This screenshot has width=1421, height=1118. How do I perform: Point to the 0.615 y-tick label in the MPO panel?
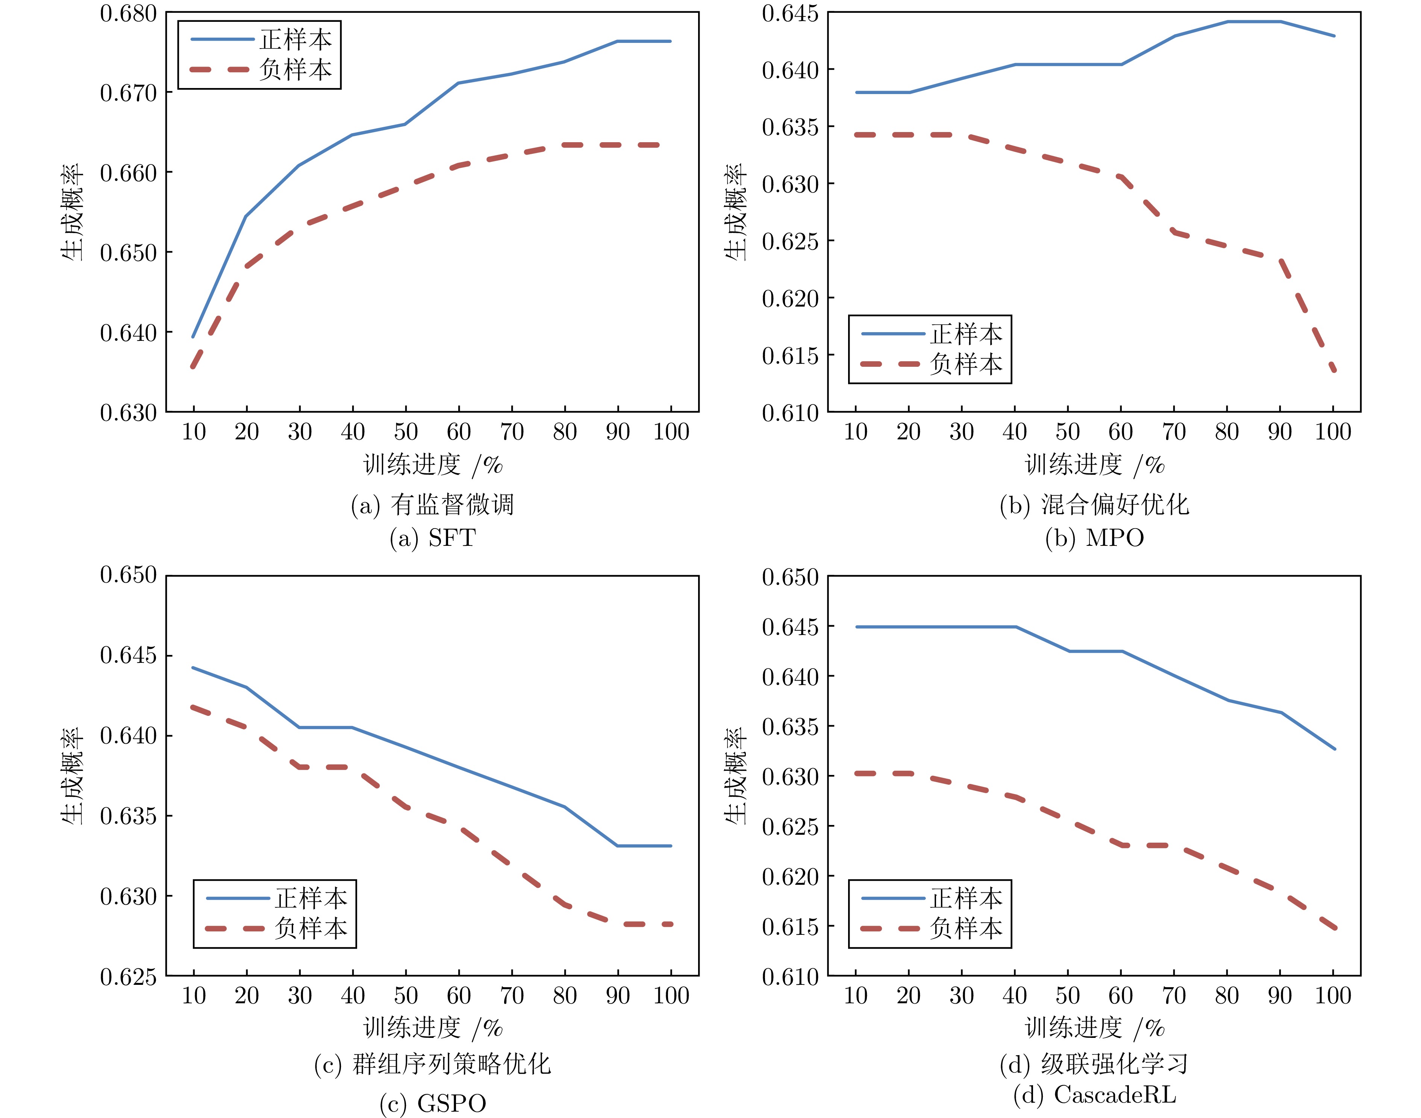[790, 355]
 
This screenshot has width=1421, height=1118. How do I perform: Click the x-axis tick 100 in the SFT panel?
[671, 432]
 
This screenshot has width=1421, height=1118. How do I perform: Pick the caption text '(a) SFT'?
[432, 538]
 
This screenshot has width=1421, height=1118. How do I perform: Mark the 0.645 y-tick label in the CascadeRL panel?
[790, 627]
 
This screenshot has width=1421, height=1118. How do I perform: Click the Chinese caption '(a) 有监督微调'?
[432, 505]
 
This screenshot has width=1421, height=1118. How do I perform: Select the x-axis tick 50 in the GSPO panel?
[406, 996]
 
